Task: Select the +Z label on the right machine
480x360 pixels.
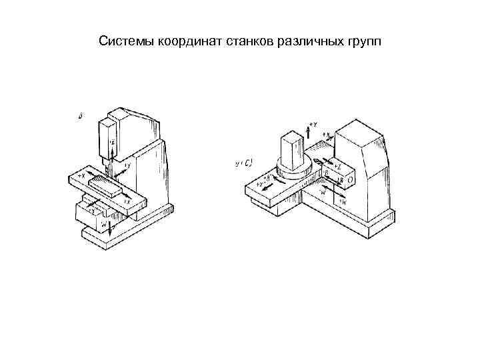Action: pyautogui.click(x=339, y=164)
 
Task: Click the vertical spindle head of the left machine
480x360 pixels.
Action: pyautogui.click(x=107, y=140)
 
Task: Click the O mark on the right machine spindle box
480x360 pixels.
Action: pyautogui.click(x=350, y=179)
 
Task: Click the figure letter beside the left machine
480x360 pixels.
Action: pyautogui.click(x=80, y=116)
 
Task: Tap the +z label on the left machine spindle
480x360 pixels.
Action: pyautogui.click(x=113, y=141)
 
